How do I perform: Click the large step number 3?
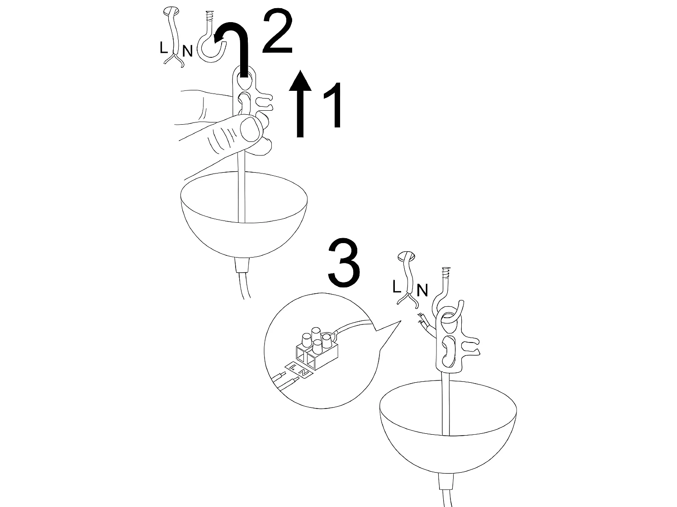point(344,263)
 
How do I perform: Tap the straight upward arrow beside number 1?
point(300,103)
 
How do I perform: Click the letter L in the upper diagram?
point(163,47)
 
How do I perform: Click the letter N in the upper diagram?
point(187,51)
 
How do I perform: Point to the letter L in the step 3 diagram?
point(397,286)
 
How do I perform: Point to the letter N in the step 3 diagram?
point(422,291)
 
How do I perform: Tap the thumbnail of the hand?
point(251,129)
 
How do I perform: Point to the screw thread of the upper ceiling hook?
point(210,16)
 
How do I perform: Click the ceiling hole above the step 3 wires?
point(406,255)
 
